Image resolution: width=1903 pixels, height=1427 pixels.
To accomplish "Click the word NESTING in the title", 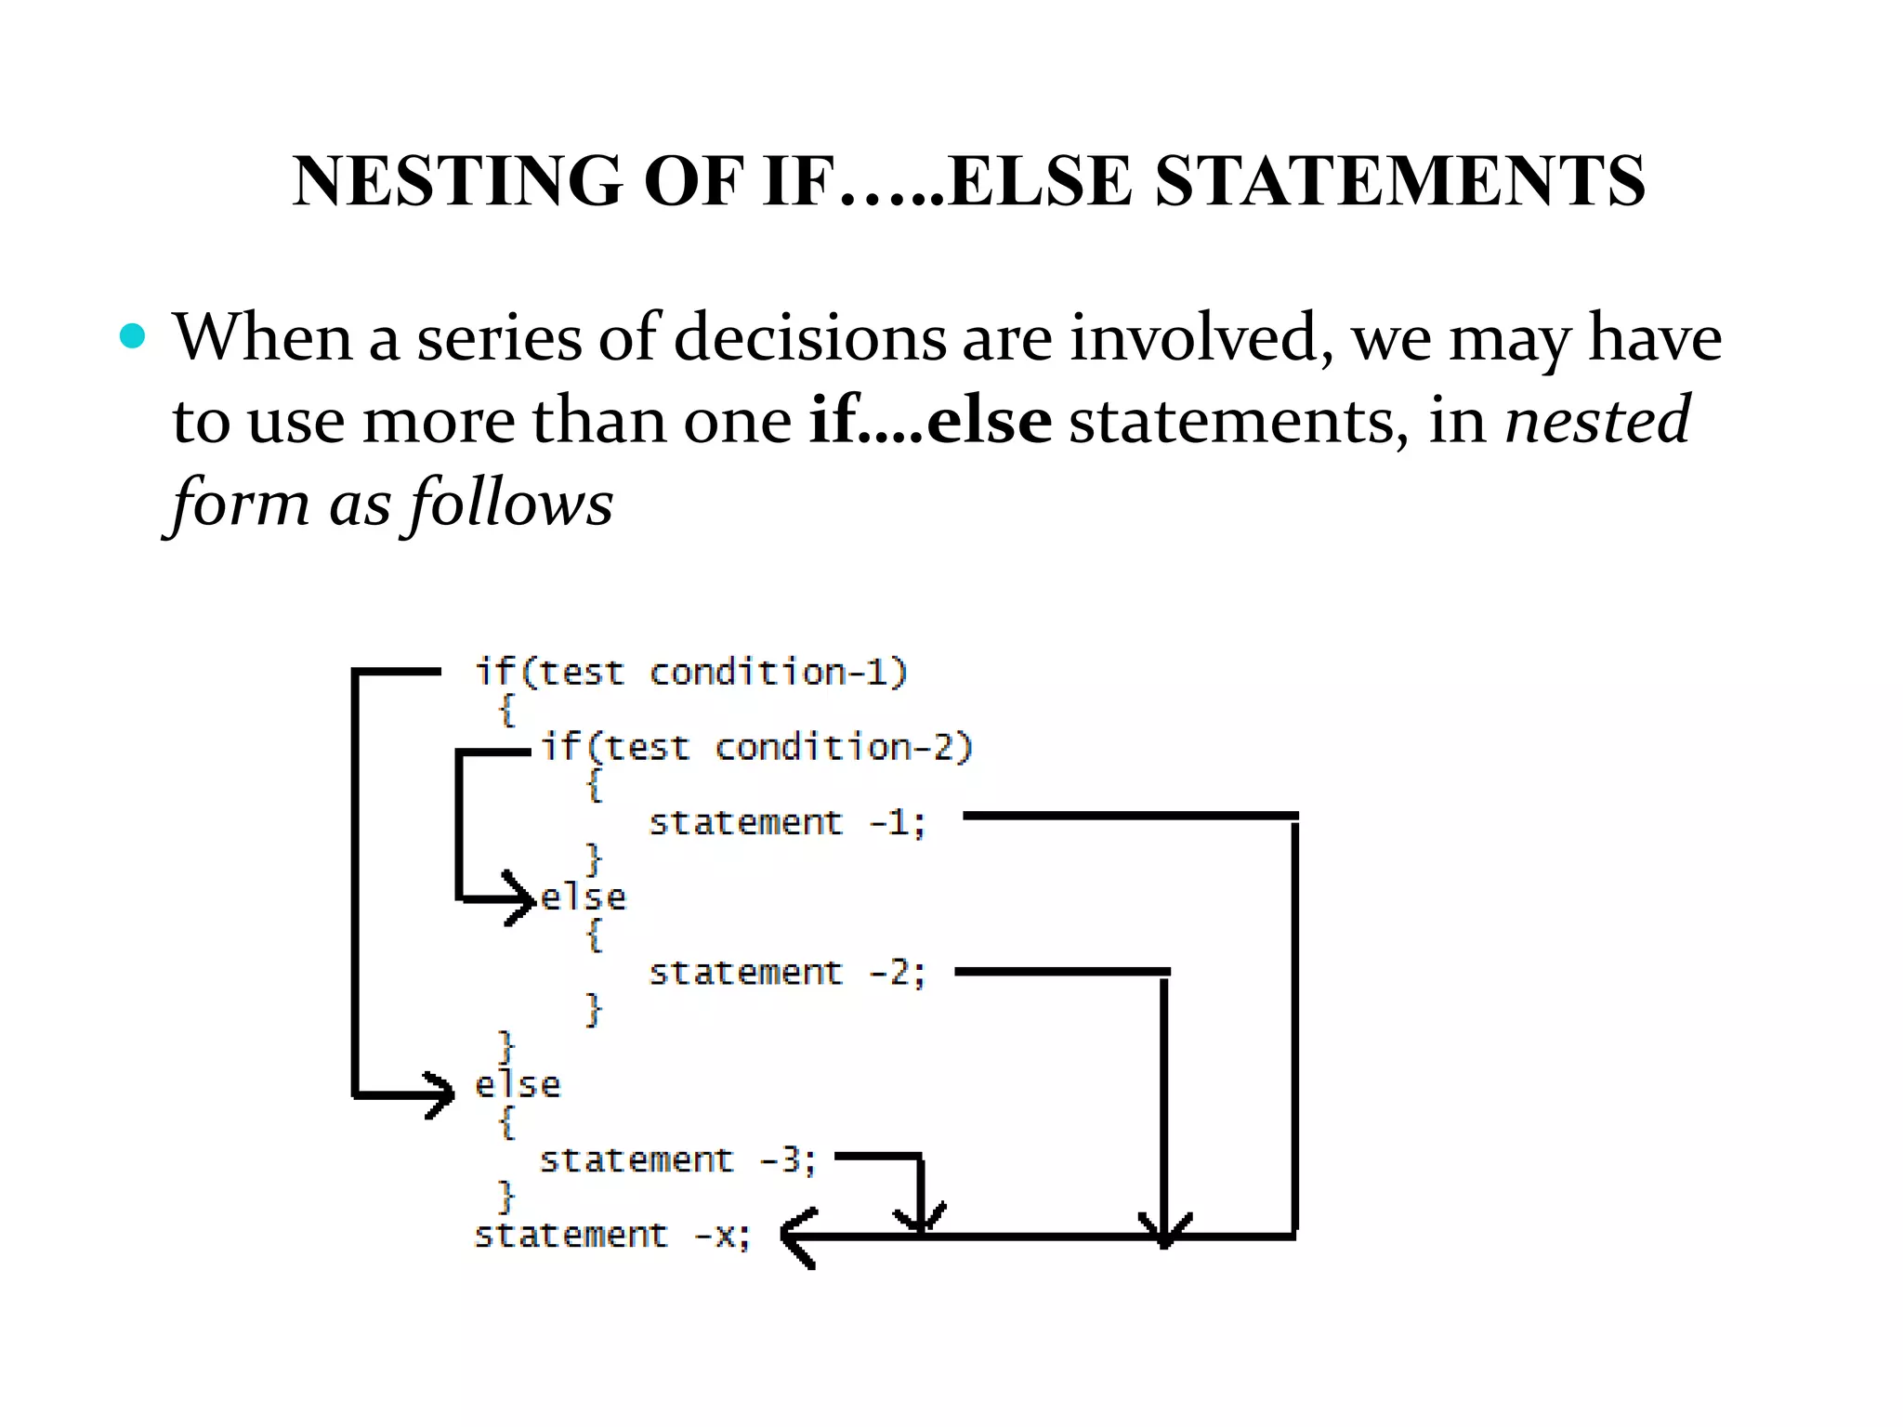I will (x=456, y=180).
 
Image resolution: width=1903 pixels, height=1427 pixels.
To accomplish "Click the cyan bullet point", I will (x=133, y=336).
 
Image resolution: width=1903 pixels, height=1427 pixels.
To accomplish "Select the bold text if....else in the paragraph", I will (x=930, y=421).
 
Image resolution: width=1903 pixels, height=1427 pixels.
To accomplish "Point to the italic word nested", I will (x=1596, y=421).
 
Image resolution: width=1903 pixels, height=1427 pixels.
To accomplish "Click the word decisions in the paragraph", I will (x=809, y=337).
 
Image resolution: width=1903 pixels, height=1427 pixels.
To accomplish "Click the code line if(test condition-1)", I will (x=691, y=672).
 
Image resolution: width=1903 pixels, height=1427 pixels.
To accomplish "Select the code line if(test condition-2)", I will (x=756, y=747).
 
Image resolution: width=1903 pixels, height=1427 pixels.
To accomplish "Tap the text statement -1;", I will (x=787, y=823).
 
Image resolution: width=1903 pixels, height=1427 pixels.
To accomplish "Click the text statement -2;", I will (x=787, y=973).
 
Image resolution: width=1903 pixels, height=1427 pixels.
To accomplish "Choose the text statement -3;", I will (x=677, y=1160).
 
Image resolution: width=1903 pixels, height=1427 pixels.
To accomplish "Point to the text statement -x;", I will (x=611, y=1236).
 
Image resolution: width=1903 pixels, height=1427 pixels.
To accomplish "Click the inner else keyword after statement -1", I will (x=584, y=897).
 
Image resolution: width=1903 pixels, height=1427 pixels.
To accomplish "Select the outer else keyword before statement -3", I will (x=518, y=1085).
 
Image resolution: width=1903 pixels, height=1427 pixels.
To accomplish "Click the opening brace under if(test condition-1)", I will (x=506, y=711).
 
